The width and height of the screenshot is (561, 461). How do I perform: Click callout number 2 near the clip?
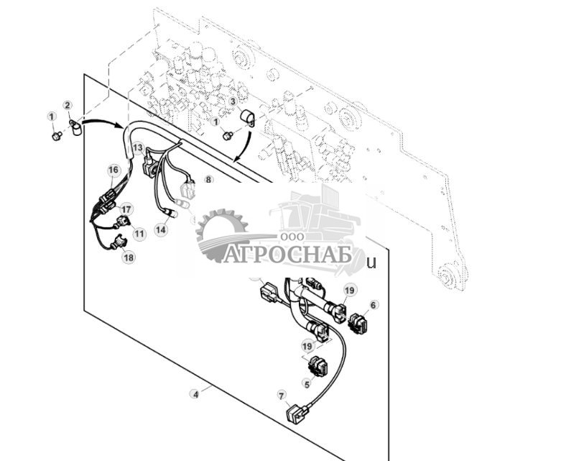68,106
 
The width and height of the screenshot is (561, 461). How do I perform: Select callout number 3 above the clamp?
233,102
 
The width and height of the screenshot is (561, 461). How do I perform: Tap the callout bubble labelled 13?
137,147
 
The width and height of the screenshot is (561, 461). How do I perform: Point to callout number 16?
113,170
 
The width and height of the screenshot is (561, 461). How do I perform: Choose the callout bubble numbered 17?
126,209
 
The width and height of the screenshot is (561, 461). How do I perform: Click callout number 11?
139,234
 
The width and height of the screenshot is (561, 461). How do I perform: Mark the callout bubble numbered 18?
128,257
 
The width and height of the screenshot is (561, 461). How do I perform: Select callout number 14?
161,229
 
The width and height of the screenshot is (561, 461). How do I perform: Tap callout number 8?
208,180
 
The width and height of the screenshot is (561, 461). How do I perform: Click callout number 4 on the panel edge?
194,393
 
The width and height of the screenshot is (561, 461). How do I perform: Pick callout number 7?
281,395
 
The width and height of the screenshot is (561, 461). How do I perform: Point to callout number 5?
307,384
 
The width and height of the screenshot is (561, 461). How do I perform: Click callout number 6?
373,305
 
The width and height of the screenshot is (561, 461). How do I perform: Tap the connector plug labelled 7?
295,415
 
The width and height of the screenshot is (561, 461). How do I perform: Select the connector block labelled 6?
357,323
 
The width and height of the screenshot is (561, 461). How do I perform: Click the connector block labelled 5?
317,367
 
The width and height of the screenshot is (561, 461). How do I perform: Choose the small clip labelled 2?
75,127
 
